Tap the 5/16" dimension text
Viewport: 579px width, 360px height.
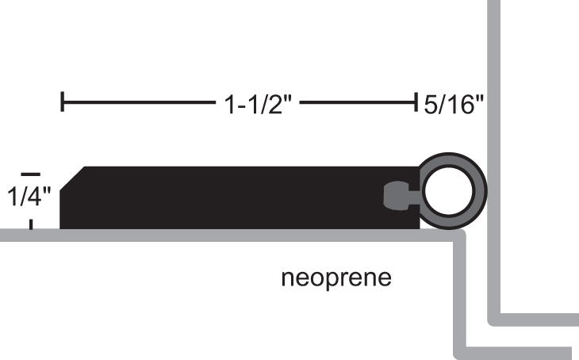click(x=453, y=104)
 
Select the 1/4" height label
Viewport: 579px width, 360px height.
click(x=29, y=195)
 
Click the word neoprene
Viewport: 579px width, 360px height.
click(x=336, y=279)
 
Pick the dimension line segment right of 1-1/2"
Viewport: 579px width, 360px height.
click(x=358, y=102)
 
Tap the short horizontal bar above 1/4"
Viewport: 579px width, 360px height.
click(x=30, y=173)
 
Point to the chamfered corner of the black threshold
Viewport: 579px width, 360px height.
click(x=72, y=177)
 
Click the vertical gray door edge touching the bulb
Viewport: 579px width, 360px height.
click(x=492, y=119)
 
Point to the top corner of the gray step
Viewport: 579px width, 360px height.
click(x=459, y=236)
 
